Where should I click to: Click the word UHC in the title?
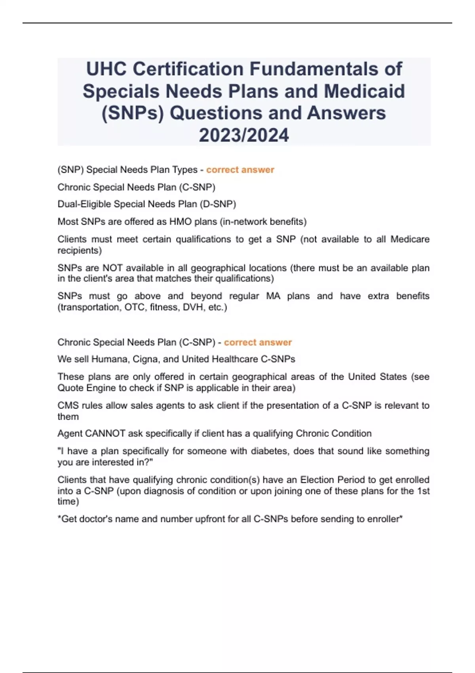click(106, 69)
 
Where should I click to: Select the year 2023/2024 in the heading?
click(244, 135)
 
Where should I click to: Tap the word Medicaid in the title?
click(365, 91)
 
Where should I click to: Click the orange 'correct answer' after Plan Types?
click(240, 170)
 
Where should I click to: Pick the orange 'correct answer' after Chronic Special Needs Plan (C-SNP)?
click(258, 342)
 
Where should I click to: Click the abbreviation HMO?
click(181, 222)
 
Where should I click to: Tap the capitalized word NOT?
click(112, 268)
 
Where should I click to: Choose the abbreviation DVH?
click(193, 307)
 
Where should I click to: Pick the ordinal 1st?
click(423, 491)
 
